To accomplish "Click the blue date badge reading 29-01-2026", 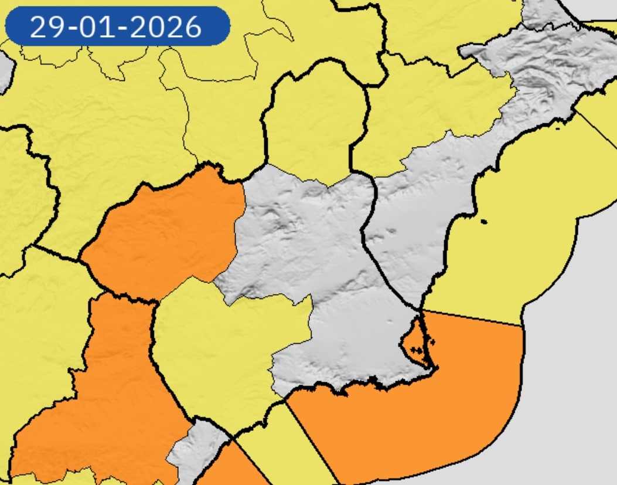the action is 117,26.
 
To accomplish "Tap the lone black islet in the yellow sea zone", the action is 483,221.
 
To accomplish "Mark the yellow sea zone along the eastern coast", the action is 516,235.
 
